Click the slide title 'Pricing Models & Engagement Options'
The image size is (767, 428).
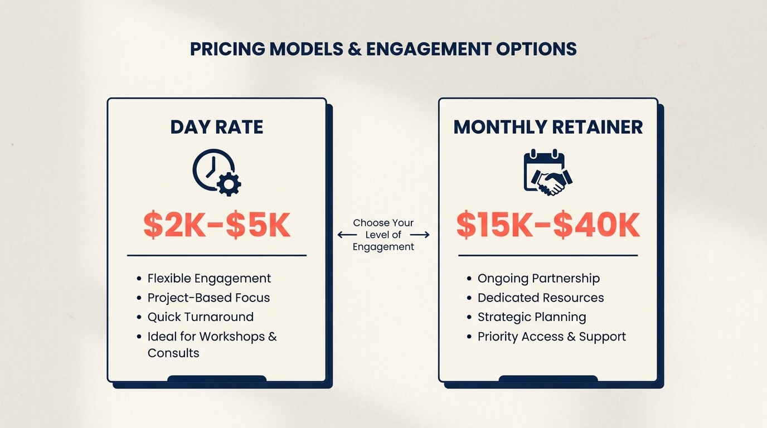tap(383, 49)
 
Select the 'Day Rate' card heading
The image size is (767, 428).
tap(216, 127)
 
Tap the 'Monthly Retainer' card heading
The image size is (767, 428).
tap(548, 127)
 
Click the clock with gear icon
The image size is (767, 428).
tap(216, 172)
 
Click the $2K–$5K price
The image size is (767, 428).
tap(217, 225)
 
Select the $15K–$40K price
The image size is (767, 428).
tap(548, 225)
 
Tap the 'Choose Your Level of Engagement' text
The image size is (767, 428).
tap(384, 235)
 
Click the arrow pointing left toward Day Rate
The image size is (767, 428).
tap(346, 235)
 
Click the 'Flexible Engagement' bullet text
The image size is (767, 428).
tap(209, 278)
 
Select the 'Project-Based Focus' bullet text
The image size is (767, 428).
tap(208, 298)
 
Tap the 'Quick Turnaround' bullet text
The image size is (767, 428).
tap(200, 317)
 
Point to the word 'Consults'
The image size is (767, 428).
tap(173, 353)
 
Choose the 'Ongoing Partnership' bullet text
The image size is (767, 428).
tap(538, 278)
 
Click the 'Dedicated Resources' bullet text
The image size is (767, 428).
tap(541, 298)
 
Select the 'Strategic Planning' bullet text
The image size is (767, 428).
tap(532, 317)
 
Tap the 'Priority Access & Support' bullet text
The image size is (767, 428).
tap(551, 337)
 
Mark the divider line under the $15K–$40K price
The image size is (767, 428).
tap(548, 256)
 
